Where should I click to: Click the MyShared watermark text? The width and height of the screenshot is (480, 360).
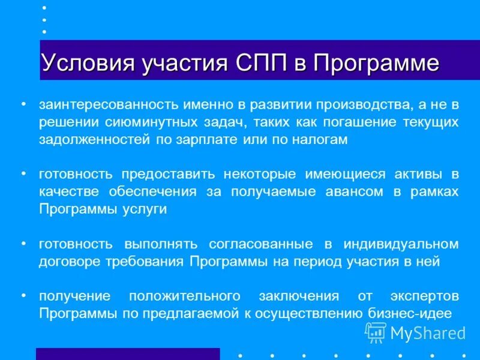pyautogui.click(x=428, y=332)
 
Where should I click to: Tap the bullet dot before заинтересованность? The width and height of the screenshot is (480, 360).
pyautogui.click(x=23, y=104)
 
